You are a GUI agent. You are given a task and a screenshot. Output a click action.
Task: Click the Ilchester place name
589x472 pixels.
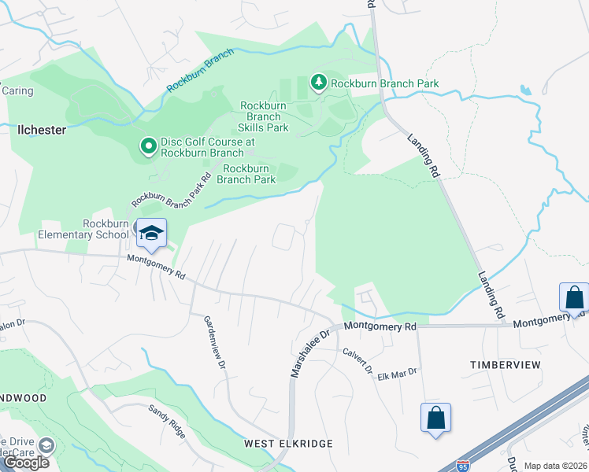click(42, 130)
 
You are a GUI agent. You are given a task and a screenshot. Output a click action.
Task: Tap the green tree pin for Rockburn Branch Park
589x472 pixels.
click(319, 82)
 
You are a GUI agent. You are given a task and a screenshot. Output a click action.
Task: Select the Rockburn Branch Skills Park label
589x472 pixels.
click(264, 116)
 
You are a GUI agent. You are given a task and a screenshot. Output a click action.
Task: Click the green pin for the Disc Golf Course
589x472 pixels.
click(147, 146)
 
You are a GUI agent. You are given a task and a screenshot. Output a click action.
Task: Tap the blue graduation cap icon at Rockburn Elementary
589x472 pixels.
click(151, 233)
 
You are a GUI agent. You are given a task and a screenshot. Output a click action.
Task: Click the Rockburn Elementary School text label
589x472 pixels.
click(83, 229)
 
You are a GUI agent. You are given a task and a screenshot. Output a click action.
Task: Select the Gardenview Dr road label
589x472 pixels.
click(214, 343)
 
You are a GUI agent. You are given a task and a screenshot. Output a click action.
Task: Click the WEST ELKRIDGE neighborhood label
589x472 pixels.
click(288, 444)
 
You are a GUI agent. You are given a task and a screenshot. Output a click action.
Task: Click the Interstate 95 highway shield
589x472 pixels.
click(465, 466)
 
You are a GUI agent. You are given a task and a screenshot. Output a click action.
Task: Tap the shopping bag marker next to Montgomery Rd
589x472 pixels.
click(573, 297)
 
